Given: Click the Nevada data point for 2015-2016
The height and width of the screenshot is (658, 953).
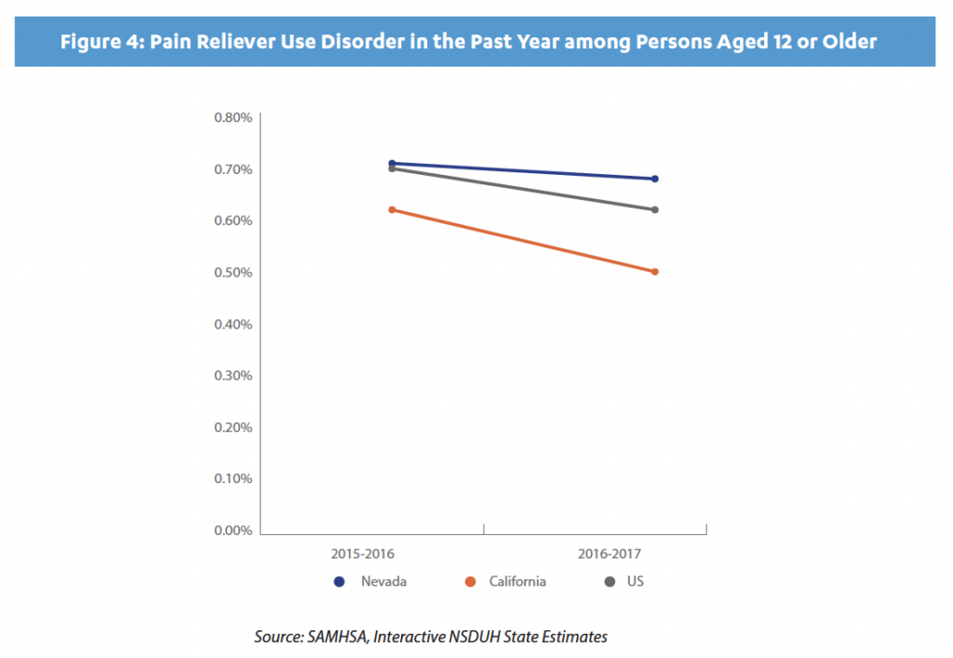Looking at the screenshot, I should pyautogui.click(x=392, y=163).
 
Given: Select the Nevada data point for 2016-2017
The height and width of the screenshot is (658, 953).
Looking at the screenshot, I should pyautogui.click(x=655, y=179).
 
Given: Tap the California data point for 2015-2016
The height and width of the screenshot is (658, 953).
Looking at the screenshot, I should pyautogui.click(x=392, y=209).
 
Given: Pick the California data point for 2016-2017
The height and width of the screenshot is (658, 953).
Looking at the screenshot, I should pyautogui.click(x=655, y=272).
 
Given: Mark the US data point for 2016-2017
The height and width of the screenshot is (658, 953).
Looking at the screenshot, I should pyautogui.click(x=655, y=209).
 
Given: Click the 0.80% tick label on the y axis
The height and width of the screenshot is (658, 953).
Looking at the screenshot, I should pyautogui.click(x=233, y=118).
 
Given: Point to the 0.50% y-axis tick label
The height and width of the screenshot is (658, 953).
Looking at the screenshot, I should pyautogui.click(x=233, y=273).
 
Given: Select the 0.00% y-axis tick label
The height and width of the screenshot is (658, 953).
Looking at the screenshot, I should pyautogui.click(x=233, y=530).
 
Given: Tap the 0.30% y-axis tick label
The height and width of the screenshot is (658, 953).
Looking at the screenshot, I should pyautogui.click(x=233, y=376).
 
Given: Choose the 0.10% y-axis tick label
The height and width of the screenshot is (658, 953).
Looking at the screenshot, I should pyautogui.click(x=233, y=478).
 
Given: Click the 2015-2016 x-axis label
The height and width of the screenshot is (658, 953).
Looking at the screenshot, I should pyautogui.click(x=363, y=554).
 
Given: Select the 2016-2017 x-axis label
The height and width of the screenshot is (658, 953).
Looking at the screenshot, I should pyautogui.click(x=610, y=554).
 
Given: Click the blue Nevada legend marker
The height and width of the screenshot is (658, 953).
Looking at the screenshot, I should pyautogui.click(x=340, y=582).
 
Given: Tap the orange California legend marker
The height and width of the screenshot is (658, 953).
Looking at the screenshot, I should pyautogui.click(x=470, y=582).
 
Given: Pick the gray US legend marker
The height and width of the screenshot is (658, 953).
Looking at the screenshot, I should pyautogui.click(x=611, y=582).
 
